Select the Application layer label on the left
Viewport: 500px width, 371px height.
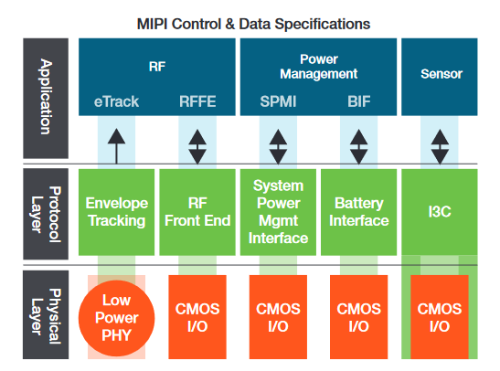coord(42,97)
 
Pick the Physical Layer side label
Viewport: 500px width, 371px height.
coord(42,316)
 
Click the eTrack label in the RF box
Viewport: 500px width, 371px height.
coord(116,101)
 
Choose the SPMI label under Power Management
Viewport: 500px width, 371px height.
coord(276,101)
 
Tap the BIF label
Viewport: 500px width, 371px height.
coord(357,101)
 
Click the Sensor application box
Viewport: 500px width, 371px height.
coord(441,77)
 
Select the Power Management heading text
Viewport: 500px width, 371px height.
coord(316,67)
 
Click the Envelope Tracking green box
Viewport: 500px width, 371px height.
coord(116,212)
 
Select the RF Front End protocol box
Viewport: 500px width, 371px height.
coord(196,212)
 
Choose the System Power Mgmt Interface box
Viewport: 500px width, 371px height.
coord(277,212)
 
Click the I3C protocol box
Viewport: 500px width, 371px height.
coord(440,212)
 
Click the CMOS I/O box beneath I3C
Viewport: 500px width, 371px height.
coord(440,315)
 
